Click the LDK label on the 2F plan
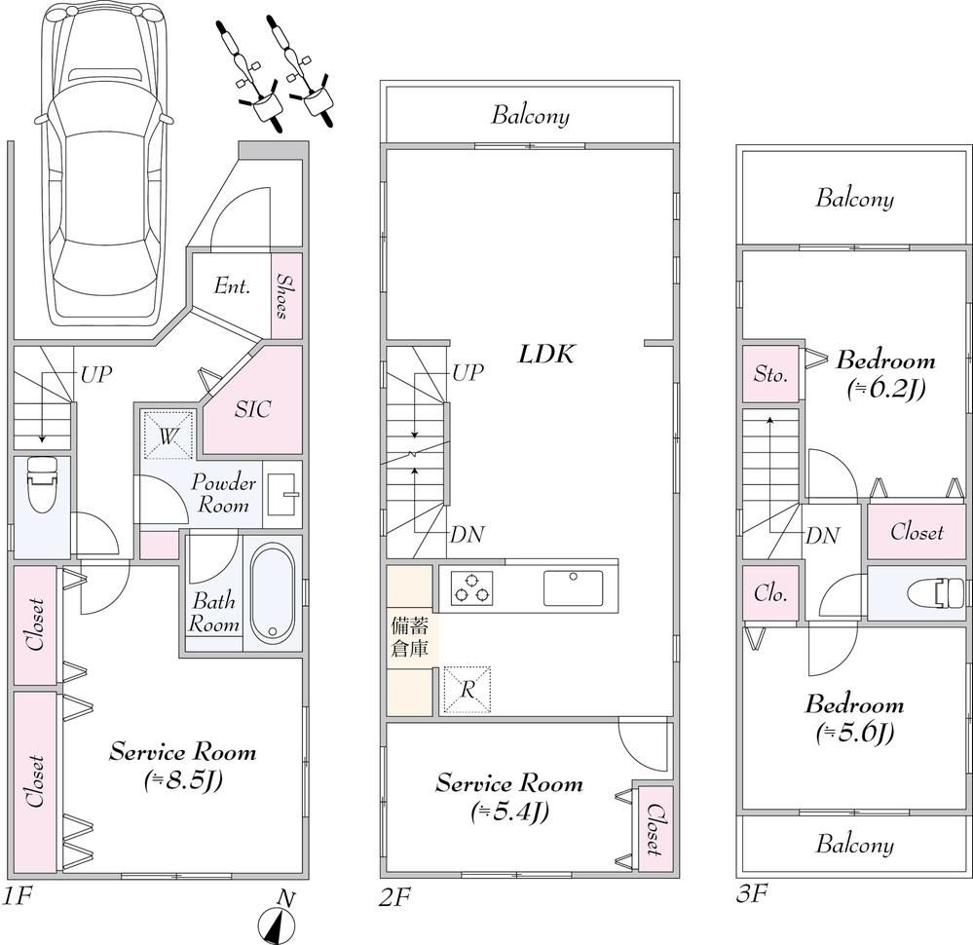click(x=546, y=355)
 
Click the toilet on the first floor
click(x=42, y=485)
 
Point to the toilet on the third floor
click(x=935, y=592)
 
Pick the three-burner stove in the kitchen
click(x=472, y=588)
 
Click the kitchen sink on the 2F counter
click(x=573, y=588)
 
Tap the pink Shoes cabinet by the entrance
click(x=286, y=295)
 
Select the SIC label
click(x=252, y=409)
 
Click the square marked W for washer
click(x=168, y=435)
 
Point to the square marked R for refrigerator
click(x=468, y=691)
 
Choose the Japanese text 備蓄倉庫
click(x=409, y=636)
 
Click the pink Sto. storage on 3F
click(x=770, y=374)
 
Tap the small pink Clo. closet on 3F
click(x=770, y=593)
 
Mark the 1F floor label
click(x=15, y=896)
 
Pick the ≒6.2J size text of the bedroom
click(x=886, y=390)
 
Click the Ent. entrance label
click(x=232, y=286)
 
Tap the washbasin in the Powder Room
click(x=282, y=494)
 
